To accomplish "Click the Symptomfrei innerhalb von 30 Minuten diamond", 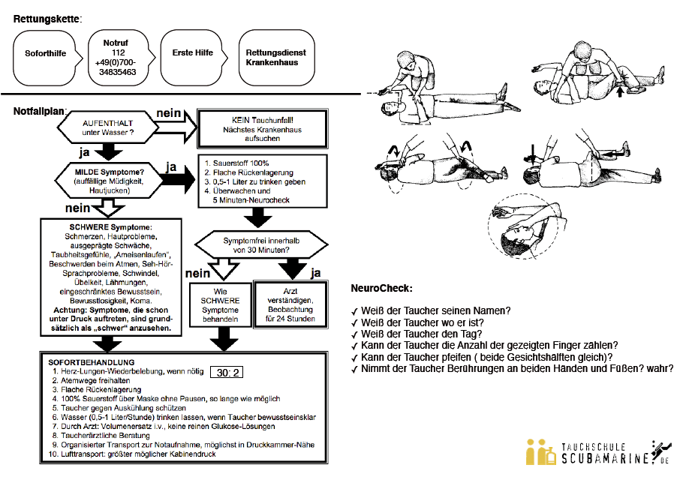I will [261, 245].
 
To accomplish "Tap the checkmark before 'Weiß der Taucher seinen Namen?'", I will [354, 311].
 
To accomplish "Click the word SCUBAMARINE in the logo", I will [604, 458].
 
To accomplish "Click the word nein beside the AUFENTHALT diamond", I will [168, 113].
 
